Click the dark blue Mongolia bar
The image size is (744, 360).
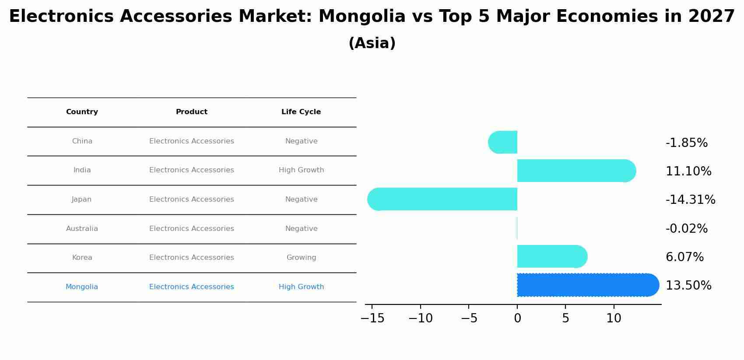pyautogui.click(x=586, y=285)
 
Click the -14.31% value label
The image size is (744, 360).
pyautogui.click(x=690, y=200)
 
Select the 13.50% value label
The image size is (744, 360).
pyautogui.click(x=688, y=286)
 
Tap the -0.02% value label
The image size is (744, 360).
pyautogui.click(x=686, y=229)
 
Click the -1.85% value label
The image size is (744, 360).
pyautogui.click(x=686, y=143)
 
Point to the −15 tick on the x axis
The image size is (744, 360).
pyautogui.click(x=372, y=318)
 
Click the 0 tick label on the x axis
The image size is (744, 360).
pyautogui.click(x=517, y=318)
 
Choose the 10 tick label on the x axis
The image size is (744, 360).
pyautogui.click(x=614, y=318)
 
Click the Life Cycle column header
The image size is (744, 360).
pyautogui.click(x=301, y=112)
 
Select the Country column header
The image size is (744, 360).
pyautogui.click(x=82, y=112)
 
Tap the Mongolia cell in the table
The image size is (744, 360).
pyautogui.click(x=82, y=287)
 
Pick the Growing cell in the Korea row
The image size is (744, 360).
pyautogui.click(x=301, y=258)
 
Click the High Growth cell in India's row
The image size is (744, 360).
pyautogui.click(x=301, y=170)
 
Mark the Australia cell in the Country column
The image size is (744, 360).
pyautogui.click(x=82, y=229)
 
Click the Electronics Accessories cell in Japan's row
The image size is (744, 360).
pyautogui.click(x=192, y=199)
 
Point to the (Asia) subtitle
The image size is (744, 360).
pyautogui.click(x=372, y=43)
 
